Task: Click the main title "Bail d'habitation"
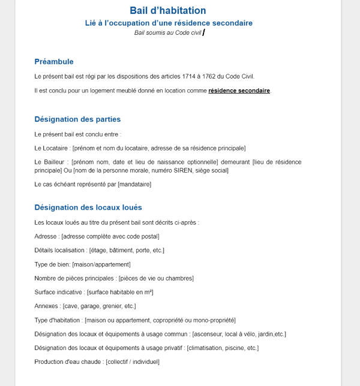coord(168,10)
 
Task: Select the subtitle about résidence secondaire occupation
coord(169,23)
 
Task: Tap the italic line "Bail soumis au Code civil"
coord(168,32)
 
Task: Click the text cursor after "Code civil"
coord(204,32)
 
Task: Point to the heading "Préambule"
coord(54,62)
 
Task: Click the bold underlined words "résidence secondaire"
coord(239,91)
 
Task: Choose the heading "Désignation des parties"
coord(77,119)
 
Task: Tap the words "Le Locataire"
coord(52,148)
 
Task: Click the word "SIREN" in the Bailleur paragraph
coord(175,170)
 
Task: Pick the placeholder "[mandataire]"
coord(134,184)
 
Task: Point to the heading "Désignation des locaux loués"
coord(88,207)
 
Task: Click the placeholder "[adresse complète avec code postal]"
coord(110,236)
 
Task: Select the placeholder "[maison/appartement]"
coord(101,264)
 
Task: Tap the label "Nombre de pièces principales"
coord(75,278)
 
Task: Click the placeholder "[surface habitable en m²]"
coord(120,292)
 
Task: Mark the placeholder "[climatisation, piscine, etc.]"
coord(223,348)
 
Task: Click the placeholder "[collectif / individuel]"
coord(133,361)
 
